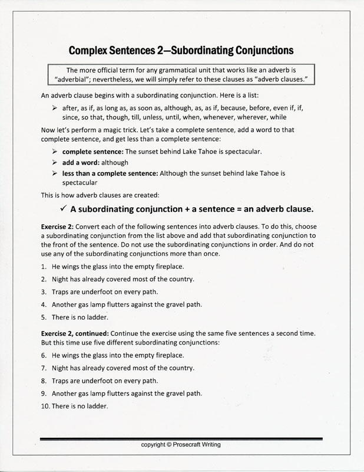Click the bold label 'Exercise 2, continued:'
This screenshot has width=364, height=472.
[x=74, y=333]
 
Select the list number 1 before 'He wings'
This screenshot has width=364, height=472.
[x=44, y=267]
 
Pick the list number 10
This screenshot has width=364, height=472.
[x=46, y=406]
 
